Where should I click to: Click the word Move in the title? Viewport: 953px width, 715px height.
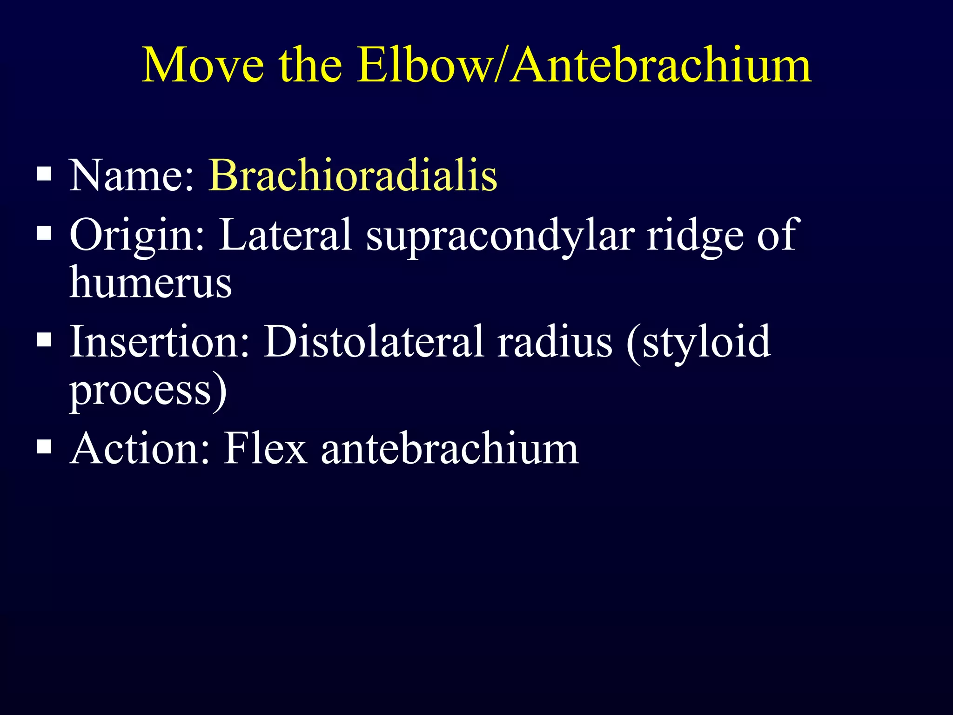202,65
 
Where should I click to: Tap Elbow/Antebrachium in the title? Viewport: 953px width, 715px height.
584,65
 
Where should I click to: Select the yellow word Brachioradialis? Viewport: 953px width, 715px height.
353,175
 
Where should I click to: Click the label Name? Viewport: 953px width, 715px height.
132,175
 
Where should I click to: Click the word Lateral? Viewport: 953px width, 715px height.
285,235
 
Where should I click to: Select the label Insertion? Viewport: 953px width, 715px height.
160,342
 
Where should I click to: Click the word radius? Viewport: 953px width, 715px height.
554,342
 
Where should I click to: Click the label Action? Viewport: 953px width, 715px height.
140,448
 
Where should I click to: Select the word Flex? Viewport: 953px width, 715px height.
266,448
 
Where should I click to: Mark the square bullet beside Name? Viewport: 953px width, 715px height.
44,175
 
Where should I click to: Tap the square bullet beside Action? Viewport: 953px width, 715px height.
44,447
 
